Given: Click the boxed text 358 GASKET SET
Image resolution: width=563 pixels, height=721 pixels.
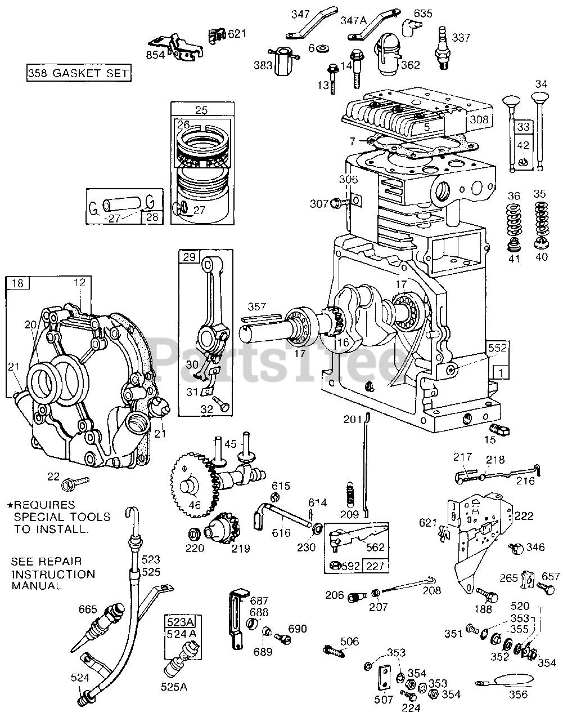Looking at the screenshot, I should tap(79, 73).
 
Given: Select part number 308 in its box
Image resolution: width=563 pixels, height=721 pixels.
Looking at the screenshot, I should tap(480, 119).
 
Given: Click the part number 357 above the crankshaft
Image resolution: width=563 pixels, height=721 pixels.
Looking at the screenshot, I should tap(257, 307).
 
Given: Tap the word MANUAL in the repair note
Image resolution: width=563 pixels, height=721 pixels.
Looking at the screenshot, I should tap(37, 586).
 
